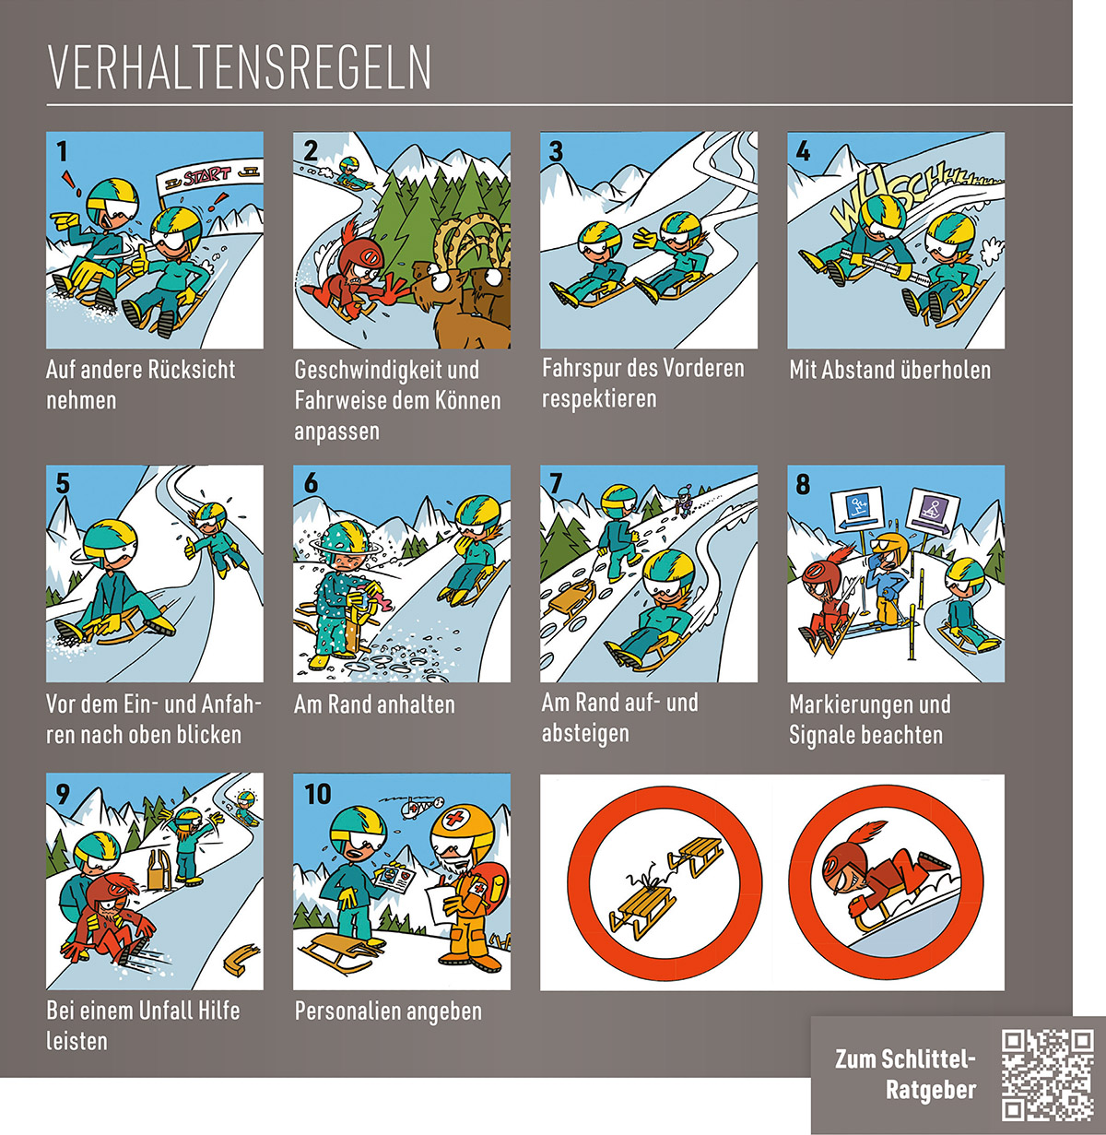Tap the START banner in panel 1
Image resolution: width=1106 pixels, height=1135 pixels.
point(209,174)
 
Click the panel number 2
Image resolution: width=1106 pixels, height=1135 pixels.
point(311,151)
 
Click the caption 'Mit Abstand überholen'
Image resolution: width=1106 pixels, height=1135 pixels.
point(889,370)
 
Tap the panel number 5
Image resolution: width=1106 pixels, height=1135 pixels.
point(63,483)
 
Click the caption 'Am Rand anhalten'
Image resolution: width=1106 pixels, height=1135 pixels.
point(374,704)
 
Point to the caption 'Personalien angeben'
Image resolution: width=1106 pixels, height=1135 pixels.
point(388,1011)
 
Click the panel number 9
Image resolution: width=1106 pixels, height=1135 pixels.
point(63,793)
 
